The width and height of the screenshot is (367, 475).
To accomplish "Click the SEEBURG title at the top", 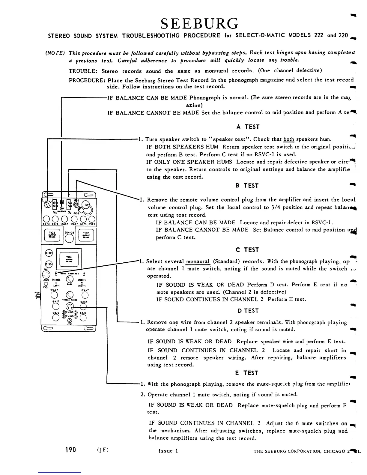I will [x=199, y=23].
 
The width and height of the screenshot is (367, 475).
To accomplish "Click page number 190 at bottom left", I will [x=70, y=450].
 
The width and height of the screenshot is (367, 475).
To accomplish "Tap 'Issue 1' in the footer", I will [x=168, y=451].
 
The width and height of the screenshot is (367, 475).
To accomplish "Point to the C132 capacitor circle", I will [x=49, y=253].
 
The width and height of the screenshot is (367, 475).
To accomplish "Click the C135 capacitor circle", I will [x=48, y=264].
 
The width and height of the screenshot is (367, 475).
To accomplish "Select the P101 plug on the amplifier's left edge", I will [x=38, y=296].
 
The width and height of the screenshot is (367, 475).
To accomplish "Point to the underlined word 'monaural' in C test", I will [x=198, y=261].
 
